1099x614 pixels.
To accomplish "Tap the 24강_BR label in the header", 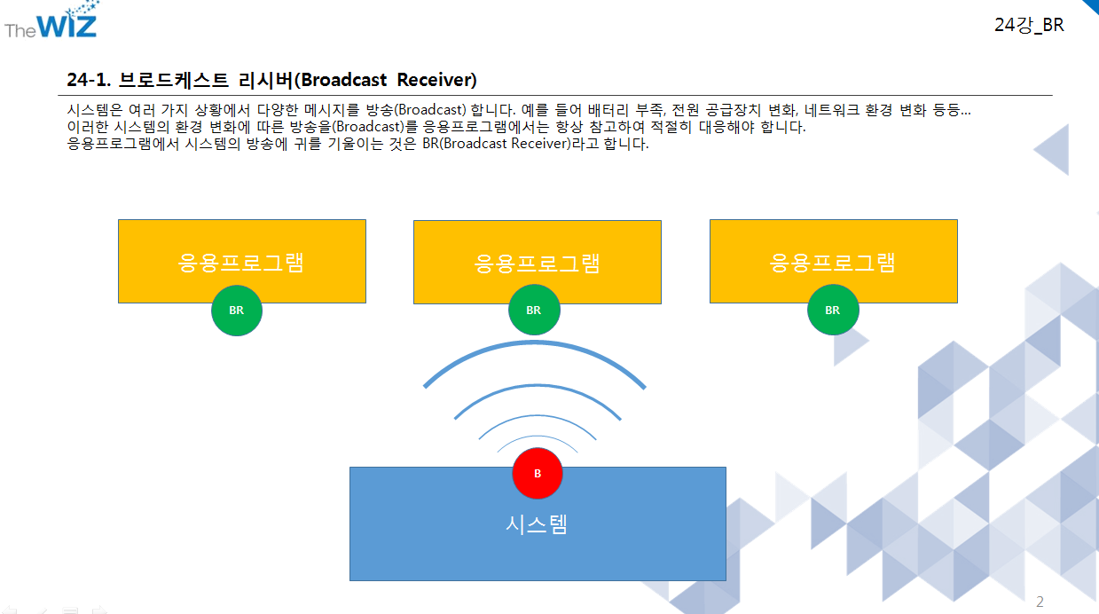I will click(x=1029, y=26).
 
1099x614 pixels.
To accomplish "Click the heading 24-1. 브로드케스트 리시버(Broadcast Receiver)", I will click(x=271, y=80).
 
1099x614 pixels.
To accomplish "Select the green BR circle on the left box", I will click(x=237, y=311).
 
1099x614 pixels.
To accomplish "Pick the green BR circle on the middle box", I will click(x=533, y=311).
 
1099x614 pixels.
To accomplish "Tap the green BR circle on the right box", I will click(x=832, y=311).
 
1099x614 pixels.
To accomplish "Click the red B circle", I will click(x=538, y=474).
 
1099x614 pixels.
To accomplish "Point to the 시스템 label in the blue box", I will click(x=537, y=523).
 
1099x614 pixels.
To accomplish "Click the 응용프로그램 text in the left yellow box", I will click(x=241, y=262).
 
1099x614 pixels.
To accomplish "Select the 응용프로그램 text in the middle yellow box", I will click(x=538, y=263).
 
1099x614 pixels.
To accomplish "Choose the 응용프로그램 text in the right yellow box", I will click(x=833, y=262).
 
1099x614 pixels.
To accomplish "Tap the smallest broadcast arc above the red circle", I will click(x=538, y=438).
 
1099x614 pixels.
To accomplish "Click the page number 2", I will click(x=1040, y=602).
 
